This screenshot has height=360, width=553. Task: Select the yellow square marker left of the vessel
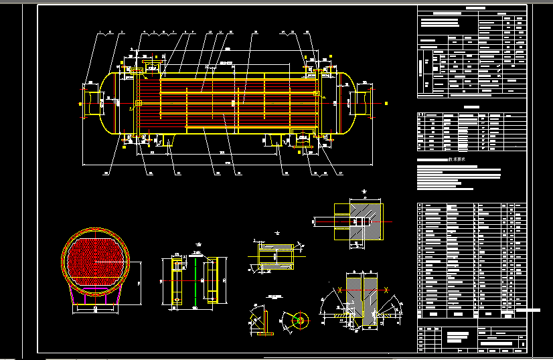point(80,104)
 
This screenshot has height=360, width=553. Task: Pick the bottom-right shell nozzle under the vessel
point(303,139)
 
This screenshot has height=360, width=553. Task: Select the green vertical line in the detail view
point(195,281)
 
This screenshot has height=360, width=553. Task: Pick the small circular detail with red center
point(299,321)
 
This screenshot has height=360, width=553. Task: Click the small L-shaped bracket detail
point(264,325)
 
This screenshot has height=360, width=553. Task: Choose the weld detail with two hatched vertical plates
point(362,298)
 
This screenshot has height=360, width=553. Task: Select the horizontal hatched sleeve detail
point(276,257)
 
